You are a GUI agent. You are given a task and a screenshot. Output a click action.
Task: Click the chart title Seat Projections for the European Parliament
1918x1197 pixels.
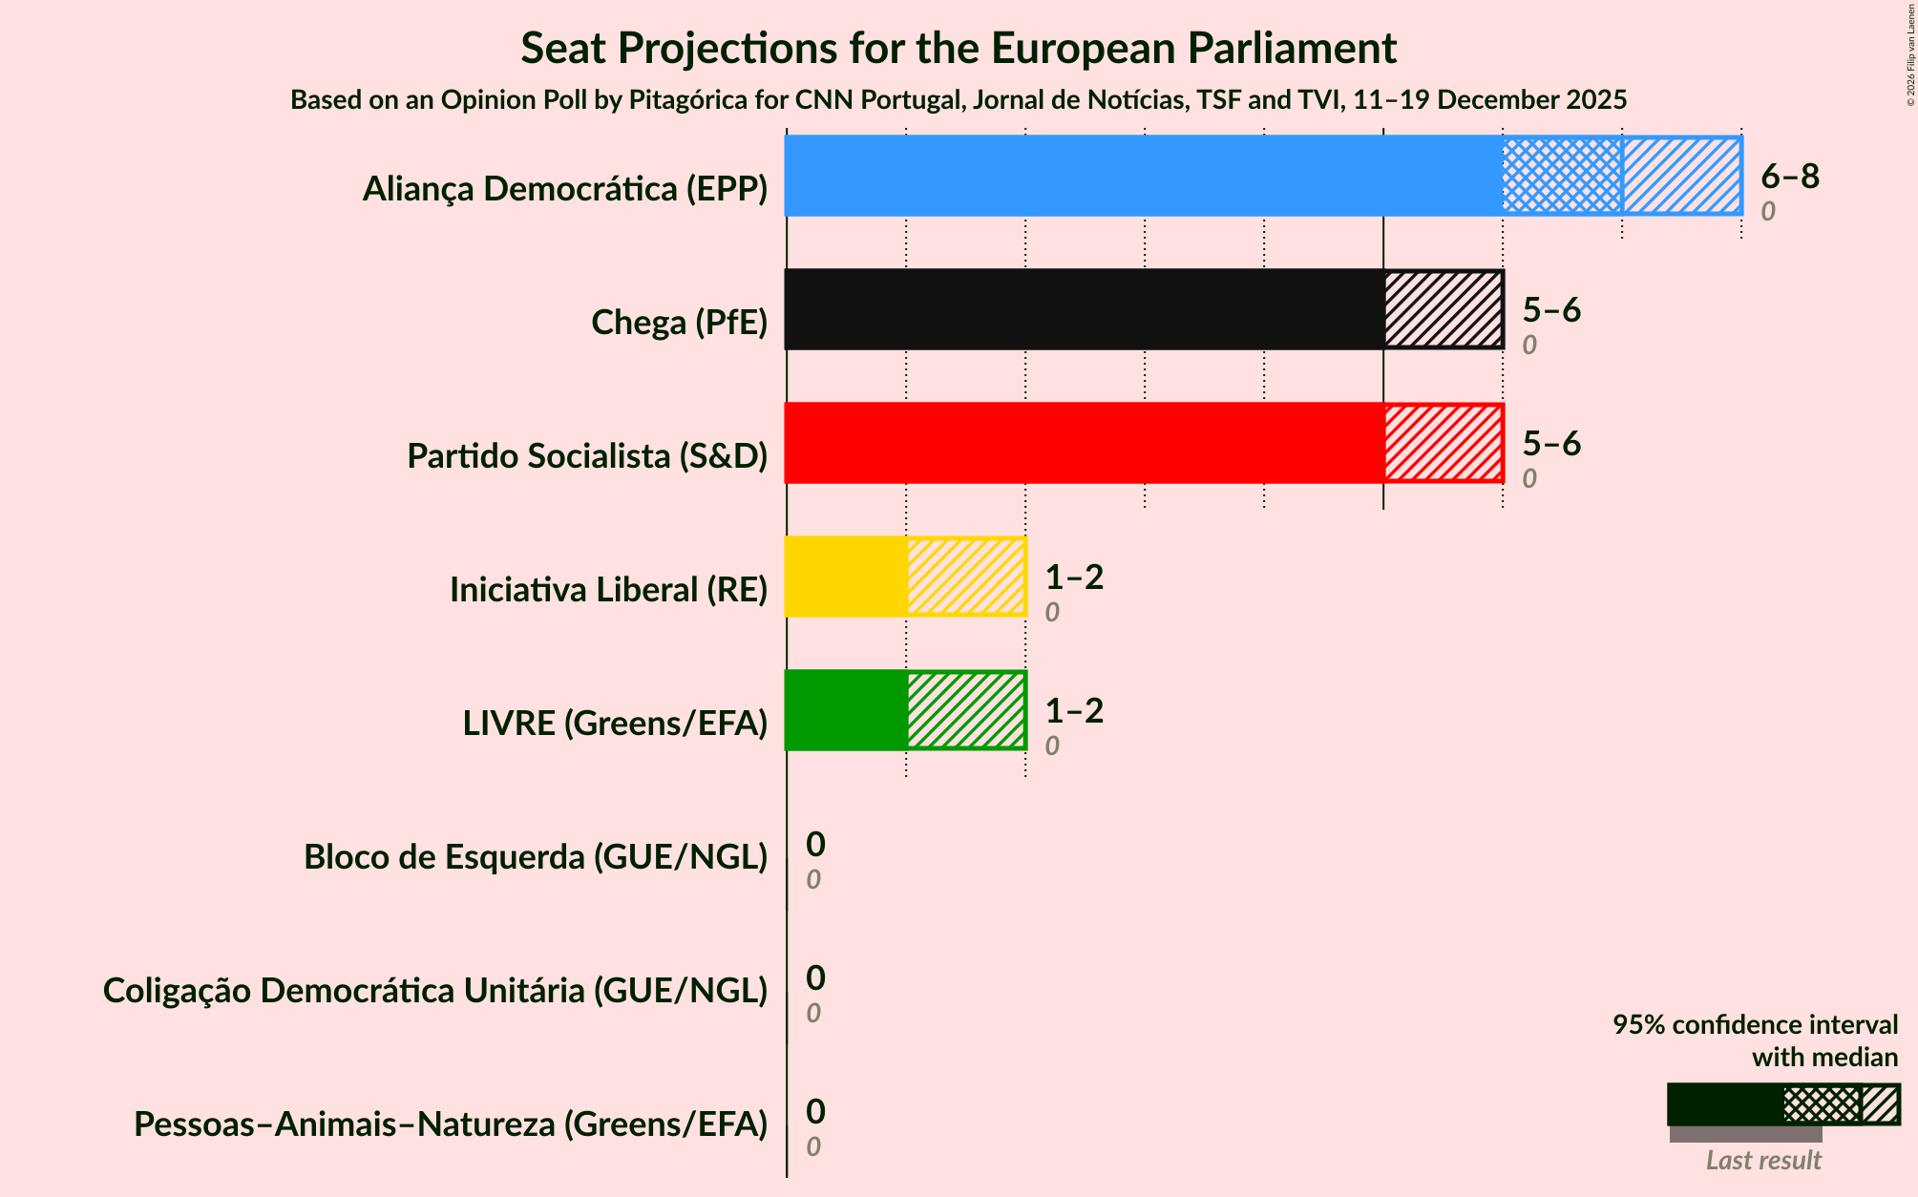(x=959, y=48)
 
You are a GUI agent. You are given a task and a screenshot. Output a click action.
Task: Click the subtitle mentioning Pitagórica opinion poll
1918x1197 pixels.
(x=959, y=100)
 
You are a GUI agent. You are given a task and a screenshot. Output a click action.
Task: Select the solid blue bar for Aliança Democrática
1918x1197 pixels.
(x=1143, y=176)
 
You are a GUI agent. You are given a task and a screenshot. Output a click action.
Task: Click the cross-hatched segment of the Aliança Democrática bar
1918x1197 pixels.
(x=1562, y=176)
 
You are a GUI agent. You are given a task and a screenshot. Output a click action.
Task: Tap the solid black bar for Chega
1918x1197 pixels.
(x=1084, y=309)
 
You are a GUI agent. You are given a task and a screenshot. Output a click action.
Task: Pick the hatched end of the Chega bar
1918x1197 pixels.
(x=1443, y=309)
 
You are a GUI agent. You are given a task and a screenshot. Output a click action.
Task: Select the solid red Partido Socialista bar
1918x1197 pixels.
(x=1084, y=443)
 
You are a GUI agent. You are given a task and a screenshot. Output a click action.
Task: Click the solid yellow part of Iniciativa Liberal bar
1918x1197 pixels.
(x=846, y=577)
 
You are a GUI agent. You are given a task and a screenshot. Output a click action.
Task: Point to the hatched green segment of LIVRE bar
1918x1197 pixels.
(x=965, y=710)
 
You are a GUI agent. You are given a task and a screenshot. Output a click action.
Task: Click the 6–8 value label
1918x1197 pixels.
(x=1789, y=176)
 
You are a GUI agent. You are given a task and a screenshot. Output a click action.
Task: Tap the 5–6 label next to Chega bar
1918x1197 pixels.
(x=1550, y=309)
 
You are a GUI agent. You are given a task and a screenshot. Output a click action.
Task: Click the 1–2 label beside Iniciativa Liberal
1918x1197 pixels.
(x=1073, y=577)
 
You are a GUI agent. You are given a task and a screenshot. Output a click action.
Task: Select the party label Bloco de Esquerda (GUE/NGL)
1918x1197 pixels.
(x=536, y=857)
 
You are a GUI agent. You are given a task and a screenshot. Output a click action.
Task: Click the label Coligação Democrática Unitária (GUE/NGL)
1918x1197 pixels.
(x=435, y=991)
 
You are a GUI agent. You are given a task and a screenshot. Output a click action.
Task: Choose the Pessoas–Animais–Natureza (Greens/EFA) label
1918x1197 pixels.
(x=451, y=1124)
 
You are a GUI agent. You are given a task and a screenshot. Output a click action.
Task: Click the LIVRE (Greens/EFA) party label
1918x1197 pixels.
(x=615, y=724)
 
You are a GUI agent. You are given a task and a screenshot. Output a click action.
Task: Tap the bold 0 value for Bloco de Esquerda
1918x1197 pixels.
(x=815, y=844)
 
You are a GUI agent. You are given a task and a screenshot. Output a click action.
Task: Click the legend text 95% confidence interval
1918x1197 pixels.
(x=1755, y=1025)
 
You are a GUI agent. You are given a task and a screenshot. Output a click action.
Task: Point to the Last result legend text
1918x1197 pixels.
(x=1762, y=1161)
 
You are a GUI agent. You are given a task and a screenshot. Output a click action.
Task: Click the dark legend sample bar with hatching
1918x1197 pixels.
(x=1781, y=1104)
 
